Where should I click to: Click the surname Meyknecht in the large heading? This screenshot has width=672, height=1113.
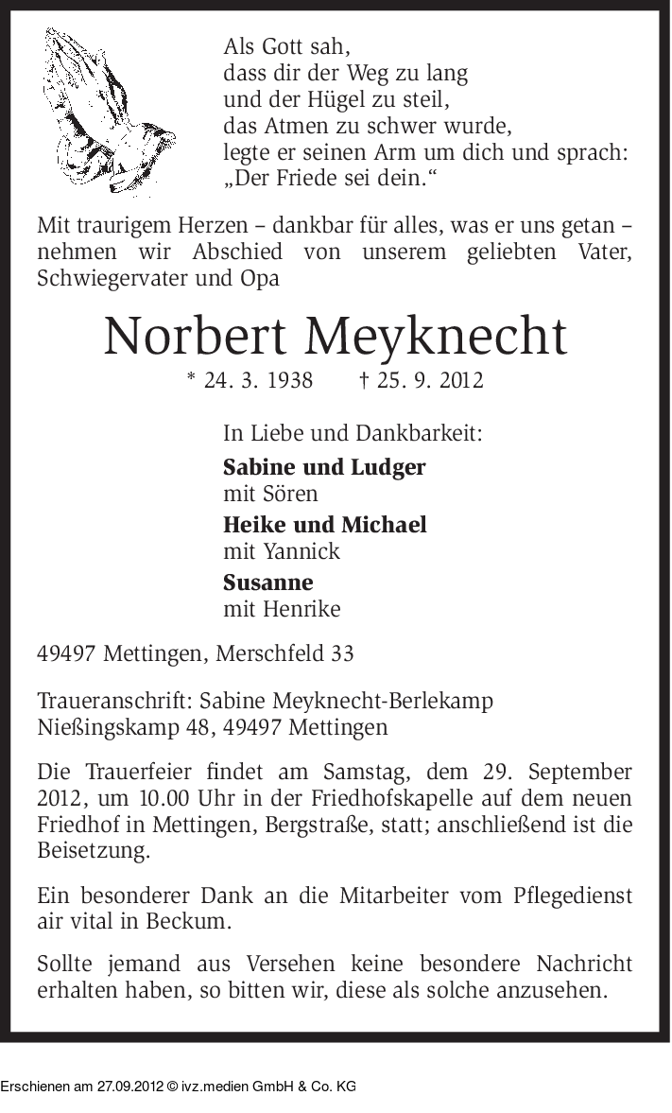[437, 337]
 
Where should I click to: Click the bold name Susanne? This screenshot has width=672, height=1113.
[267, 582]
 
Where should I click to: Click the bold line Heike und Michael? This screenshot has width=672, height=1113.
[324, 524]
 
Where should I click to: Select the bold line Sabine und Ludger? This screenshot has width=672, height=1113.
[324, 466]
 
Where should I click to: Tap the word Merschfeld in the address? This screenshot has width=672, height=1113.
[269, 653]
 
